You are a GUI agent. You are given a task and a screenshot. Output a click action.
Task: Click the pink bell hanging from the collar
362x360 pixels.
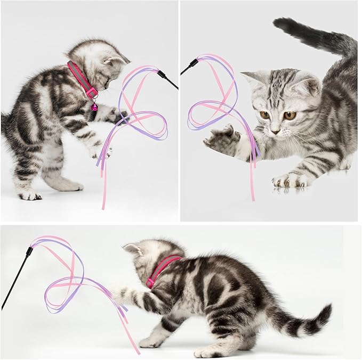(x=94, y=107)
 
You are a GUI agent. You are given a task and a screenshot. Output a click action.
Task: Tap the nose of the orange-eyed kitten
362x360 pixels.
(x=276, y=130)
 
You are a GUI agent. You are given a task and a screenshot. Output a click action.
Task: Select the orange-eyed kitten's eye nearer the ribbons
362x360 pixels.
(x=264, y=114)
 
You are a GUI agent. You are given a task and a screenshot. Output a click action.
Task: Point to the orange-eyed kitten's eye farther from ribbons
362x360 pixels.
(x=289, y=115)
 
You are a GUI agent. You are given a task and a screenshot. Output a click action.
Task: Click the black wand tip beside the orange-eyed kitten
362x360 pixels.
(x=190, y=66)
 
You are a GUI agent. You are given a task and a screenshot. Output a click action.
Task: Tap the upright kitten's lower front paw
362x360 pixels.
(x=101, y=152)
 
